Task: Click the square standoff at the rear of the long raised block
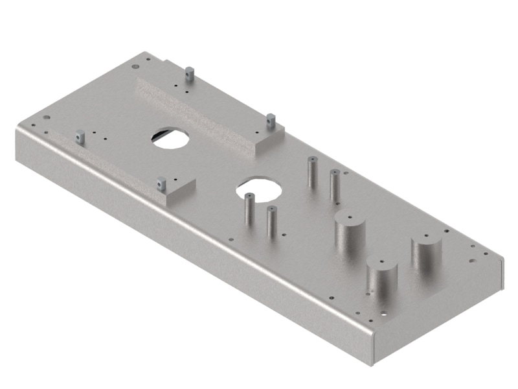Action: (x=189, y=73)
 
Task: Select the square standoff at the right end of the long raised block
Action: (x=271, y=121)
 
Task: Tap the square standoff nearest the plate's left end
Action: (x=80, y=136)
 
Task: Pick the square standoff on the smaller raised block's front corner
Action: (x=161, y=184)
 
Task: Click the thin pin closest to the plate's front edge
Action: (x=271, y=220)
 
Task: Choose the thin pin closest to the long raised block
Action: (x=311, y=172)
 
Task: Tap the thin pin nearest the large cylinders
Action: (x=335, y=184)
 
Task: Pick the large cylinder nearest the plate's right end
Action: (x=425, y=256)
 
